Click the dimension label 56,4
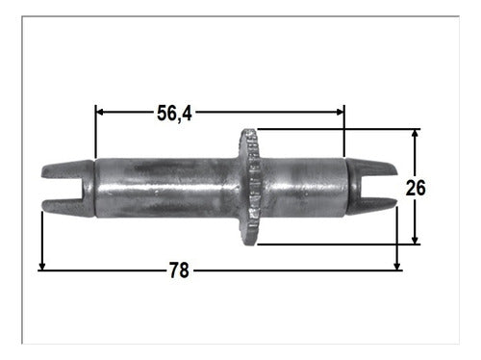click(x=174, y=114)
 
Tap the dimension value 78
click(x=179, y=270)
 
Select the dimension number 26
click(x=416, y=188)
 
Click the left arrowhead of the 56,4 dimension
click(x=100, y=112)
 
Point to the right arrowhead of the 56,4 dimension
click(x=340, y=112)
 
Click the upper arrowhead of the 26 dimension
click(x=415, y=134)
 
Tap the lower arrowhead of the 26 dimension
click(x=415, y=240)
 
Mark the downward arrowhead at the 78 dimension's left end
click(x=42, y=266)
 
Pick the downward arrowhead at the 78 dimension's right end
click(x=397, y=266)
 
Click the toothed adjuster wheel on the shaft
click(x=250, y=187)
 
